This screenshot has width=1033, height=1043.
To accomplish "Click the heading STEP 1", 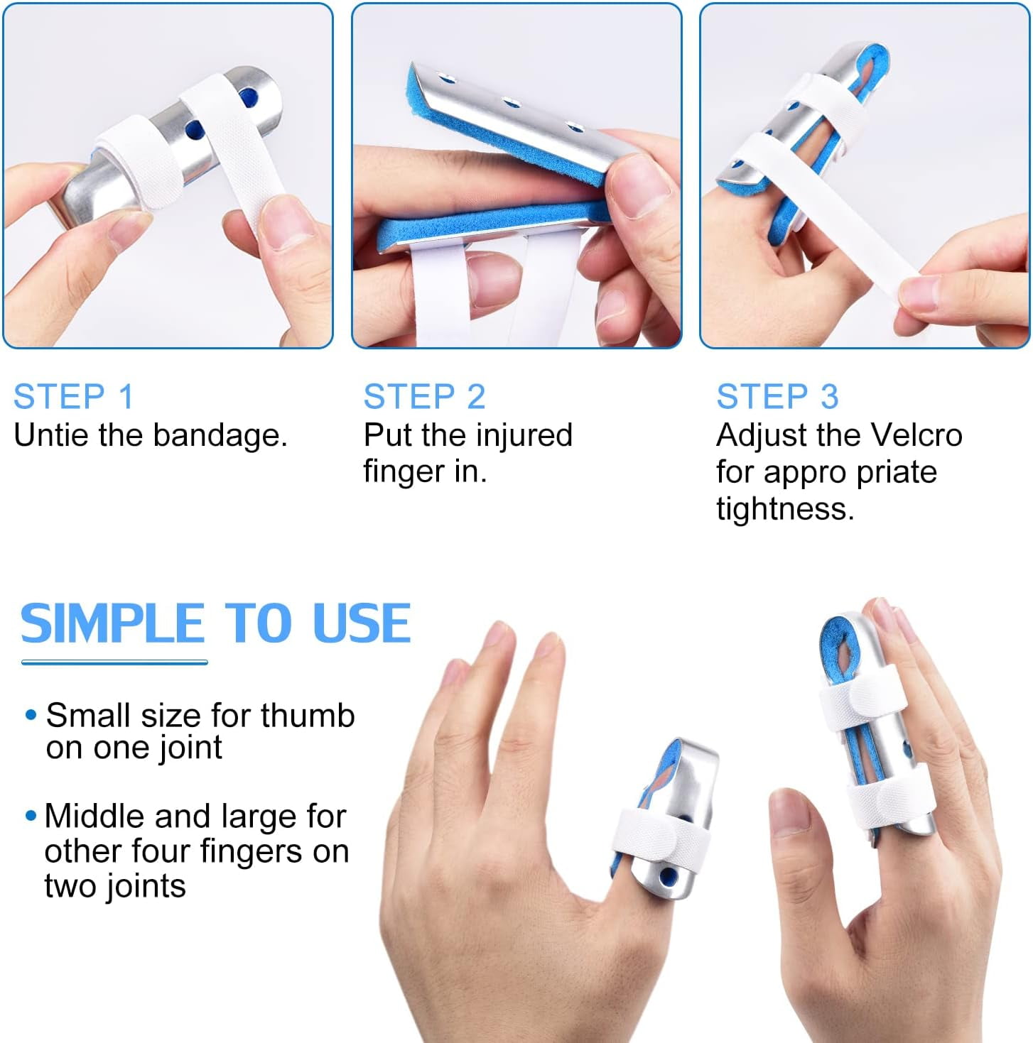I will click(73, 396).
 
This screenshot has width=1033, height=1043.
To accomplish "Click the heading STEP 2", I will click(424, 396).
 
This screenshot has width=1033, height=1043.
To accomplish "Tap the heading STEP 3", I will click(777, 396).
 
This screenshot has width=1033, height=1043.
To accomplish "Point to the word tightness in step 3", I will click(784, 508).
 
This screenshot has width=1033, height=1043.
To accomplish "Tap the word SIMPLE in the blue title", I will click(112, 623).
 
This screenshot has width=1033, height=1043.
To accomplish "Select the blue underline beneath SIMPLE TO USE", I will click(114, 662).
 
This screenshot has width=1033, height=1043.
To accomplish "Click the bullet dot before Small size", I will click(31, 715).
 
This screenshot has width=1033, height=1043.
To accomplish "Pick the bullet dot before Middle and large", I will click(31, 817).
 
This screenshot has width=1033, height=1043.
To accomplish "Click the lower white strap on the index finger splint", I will click(889, 799).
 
